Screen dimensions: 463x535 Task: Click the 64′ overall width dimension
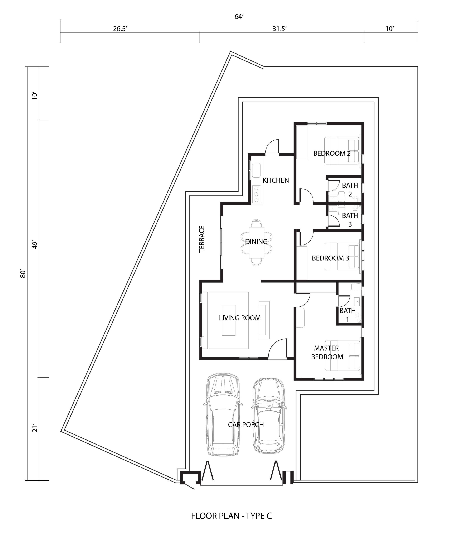click(x=239, y=17)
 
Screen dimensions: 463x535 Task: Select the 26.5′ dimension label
click(x=120, y=28)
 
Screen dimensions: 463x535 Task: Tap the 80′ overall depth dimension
click(x=23, y=274)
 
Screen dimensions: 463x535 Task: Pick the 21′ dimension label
click(x=35, y=428)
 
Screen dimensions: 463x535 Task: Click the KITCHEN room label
click(x=276, y=180)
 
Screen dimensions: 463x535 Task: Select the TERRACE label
click(x=202, y=239)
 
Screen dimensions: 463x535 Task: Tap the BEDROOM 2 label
click(x=332, y=153)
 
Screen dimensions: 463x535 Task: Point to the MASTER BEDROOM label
click(x=327, y=353)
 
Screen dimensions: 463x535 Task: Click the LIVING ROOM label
click(x=240, y=318)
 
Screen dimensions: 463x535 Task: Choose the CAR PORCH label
click(x=246, y=424)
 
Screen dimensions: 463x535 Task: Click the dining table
click(x=256, y=242)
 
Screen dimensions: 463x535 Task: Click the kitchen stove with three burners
click(x=256, y=194)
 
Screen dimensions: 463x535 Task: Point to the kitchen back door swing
click(x=272, y=146)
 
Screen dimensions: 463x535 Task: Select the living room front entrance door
click(x=278, y=349)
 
